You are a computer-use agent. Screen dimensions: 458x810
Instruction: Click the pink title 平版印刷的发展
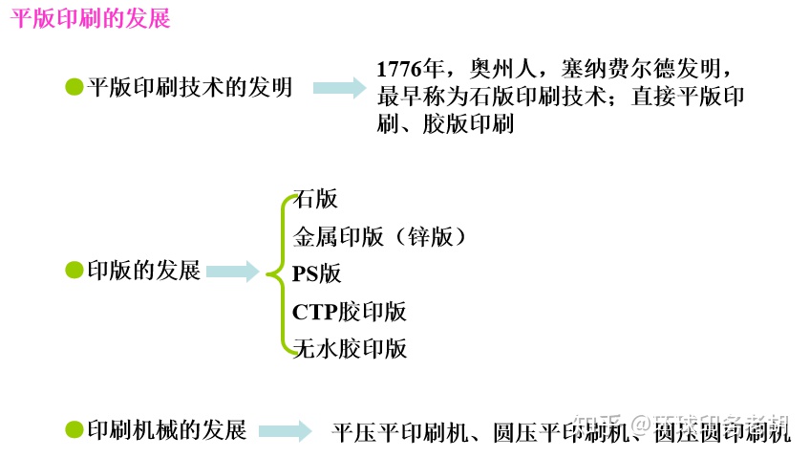pos(91,19)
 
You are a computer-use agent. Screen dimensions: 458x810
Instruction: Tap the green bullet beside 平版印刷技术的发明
pos(74,87)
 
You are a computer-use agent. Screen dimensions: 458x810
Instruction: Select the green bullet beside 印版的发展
pos(74,271)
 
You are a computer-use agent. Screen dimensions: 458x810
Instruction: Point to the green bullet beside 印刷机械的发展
pos(74,429)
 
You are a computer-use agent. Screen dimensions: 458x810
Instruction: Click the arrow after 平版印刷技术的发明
pos(339,88)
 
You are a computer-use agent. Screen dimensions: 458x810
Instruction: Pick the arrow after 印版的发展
pos(232,272)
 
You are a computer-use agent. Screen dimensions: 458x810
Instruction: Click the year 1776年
pos(409,70)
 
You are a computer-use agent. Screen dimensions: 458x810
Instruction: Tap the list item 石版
pos(316,199)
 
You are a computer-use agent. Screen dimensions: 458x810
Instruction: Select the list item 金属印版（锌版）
pos(380,236)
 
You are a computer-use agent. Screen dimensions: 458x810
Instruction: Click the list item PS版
pos(317,273)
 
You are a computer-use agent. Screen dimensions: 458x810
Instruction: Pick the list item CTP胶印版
pos(350,311)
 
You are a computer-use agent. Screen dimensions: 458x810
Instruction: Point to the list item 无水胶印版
pos(350,348)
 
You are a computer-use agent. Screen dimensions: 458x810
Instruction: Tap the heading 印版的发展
pos(143,271)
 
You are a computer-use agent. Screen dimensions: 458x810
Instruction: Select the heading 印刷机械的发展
pos(166,429)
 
